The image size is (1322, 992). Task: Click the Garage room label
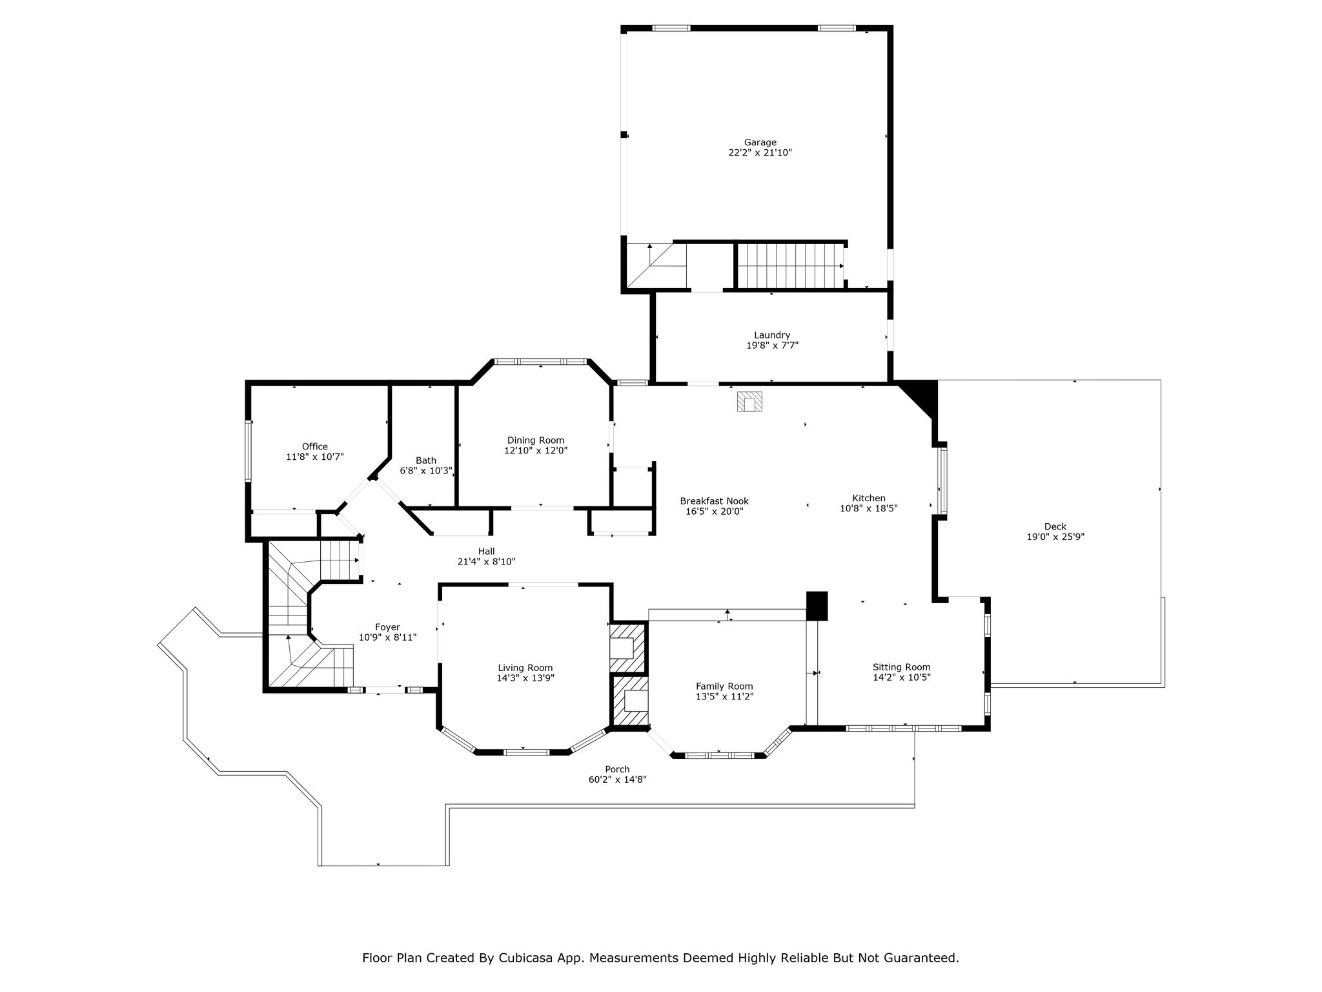coord(760,142)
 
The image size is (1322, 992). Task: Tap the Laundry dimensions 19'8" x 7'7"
coord(772,346)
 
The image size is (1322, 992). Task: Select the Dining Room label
coord(535,440)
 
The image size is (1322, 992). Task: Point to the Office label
coord(315,446)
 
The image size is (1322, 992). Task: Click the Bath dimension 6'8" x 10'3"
coord(426,471)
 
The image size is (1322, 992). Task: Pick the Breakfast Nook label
coord(715,501)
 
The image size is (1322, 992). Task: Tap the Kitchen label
coord(869,498)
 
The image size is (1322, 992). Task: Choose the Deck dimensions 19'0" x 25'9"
coord(1055,537)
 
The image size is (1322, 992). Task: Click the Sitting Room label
coord(902,667)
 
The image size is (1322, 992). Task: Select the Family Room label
coord(724,687)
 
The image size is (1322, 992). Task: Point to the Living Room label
coord(525,668)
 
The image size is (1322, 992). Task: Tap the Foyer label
coord(387,627)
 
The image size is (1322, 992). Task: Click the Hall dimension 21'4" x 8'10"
coord(487,562)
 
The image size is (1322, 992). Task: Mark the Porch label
coord(617,769)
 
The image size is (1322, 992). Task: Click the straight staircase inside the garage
coord(790,265)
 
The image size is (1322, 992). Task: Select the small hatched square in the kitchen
coord(750,402)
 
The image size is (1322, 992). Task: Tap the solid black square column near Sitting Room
coord(817,606)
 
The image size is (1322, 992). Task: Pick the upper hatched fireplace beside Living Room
coord(628,647)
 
